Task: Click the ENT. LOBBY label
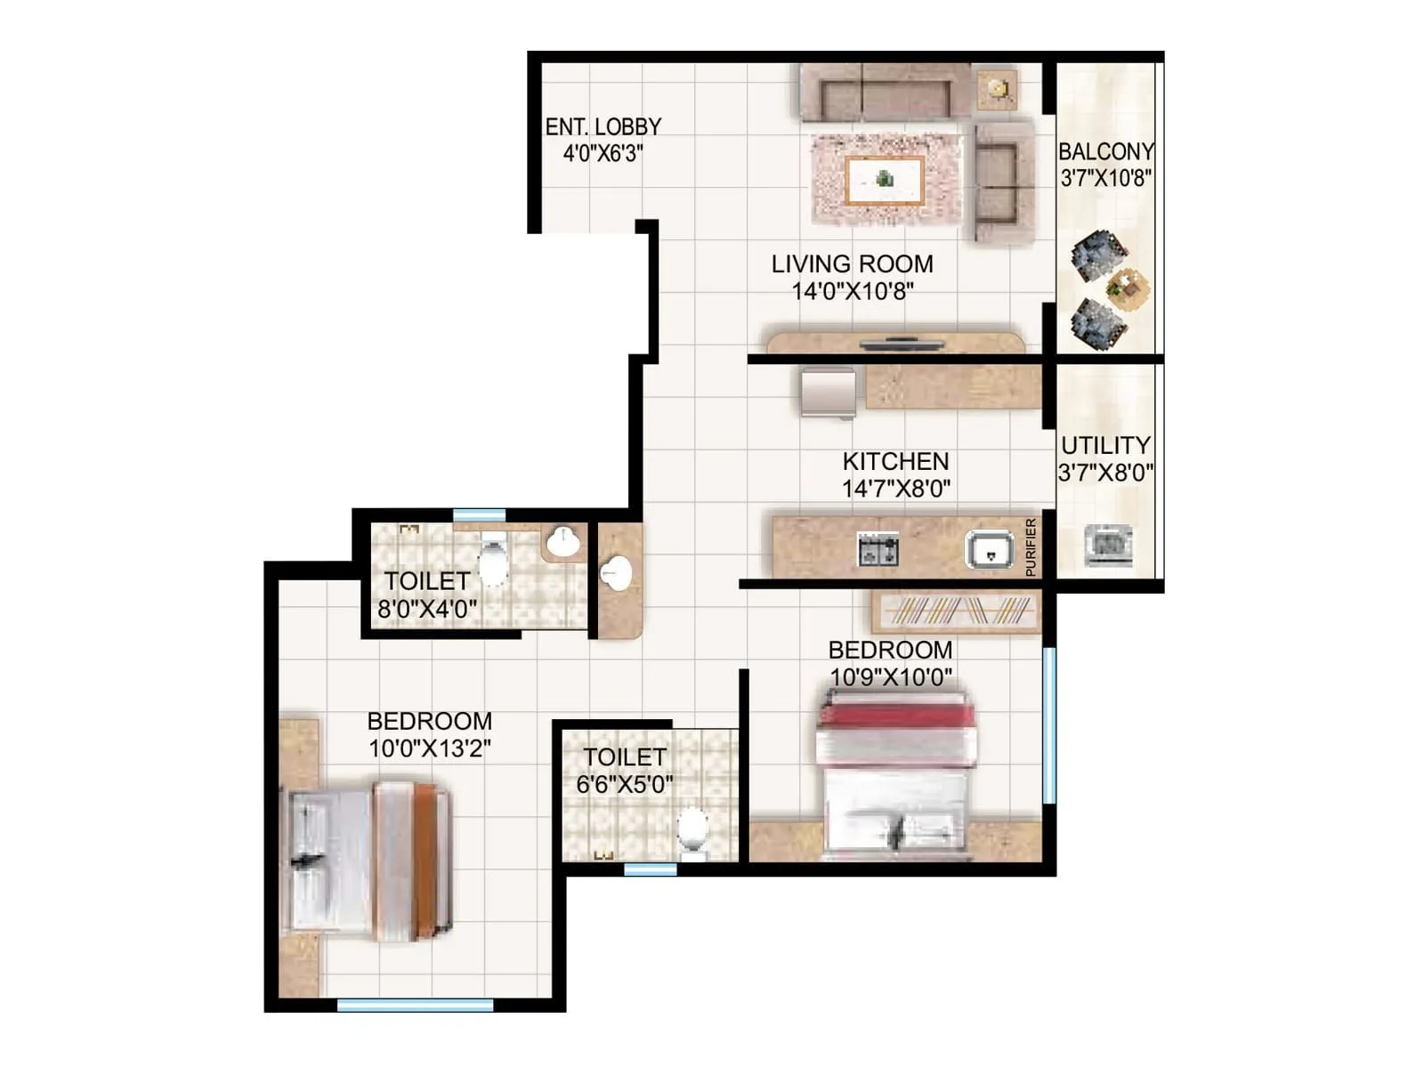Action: pyautogui.click(x=603, y=127)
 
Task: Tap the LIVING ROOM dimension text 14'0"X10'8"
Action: pyautogui.click(x=853, y=291)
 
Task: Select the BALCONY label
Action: pyautogui.click(x=1105, y=151)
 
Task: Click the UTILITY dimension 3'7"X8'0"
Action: pyautogui.click(x=1105, y=473)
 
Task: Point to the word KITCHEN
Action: pyautogui.click(x=895, y=461)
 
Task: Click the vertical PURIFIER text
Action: pyautogui.click(x=1031, y=546)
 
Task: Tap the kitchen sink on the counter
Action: pyautogui.click(x=990, y=550)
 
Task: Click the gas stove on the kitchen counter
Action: pyautogui.click(x=878, y=550)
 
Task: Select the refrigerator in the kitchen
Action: pyautogui.click(x=828, y=392)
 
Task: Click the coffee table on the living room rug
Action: pyautogui.click(x=884, y=181)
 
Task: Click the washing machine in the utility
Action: pyautogui.click(x=1108, y=545)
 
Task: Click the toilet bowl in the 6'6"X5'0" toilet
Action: pyautogui.click(x=692, y=828)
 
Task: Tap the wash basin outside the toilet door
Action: pyautogui.click(x=615, y=573)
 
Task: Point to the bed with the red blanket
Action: pyautogui.click(x=895, y=774)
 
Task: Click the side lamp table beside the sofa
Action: pyautogui.click(x=997, y=89)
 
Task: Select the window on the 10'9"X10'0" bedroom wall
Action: pyautogui.click(x=1048, y=725)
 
